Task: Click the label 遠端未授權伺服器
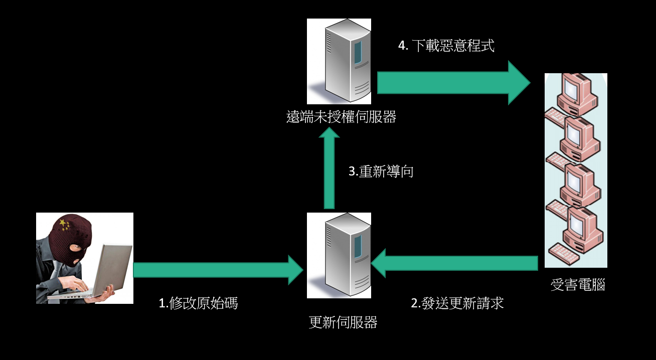[341, 117]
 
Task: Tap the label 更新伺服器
[343, 322]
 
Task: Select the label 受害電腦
[577, 285]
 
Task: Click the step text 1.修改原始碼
[198, 303]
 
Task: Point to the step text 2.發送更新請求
[457, 303]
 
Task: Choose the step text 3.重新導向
[381, 171]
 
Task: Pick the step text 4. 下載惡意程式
[446, 46]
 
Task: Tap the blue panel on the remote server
[358, 52]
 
